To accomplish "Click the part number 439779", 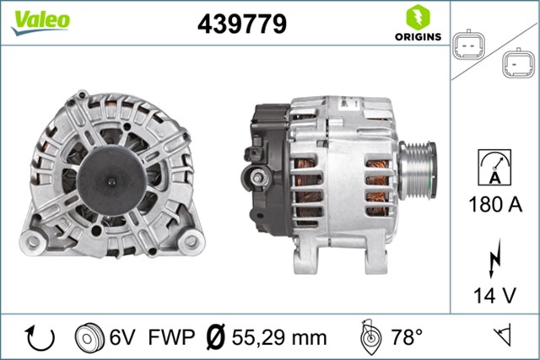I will tap(241, 24).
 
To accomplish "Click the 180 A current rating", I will tap(495, 204).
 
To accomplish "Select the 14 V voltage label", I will tap(494, 296).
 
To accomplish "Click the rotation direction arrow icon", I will tap(40, 338).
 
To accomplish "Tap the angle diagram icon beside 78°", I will tap(368, 337).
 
